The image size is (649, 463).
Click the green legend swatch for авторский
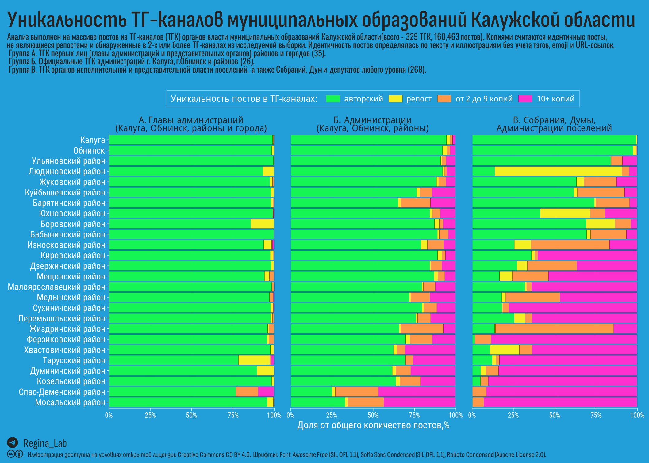tap(333, 99)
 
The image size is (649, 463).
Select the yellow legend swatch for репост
tap(395, 99)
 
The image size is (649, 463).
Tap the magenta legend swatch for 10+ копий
tap(525, 99)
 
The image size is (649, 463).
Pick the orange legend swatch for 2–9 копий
tap(444, 99)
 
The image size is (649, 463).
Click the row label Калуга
tap(92, 140)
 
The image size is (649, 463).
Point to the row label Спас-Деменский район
tap(62, 392)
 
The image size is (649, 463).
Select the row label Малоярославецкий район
tap(56, 287)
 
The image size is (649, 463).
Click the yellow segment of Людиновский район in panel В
tap(558, 171)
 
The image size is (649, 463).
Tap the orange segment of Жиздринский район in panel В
tap(554, 329)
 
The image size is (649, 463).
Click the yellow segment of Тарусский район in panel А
tap(254, 360)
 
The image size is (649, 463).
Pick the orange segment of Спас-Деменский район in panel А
tap(247, 392)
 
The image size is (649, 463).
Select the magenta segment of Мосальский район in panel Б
tap(420, 402)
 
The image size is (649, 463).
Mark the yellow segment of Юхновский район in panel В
tap(565, 213)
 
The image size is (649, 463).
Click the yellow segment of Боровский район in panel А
tap(262, 224)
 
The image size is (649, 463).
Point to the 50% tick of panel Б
tap(373, 409)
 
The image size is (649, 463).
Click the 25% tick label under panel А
tap(150, 416)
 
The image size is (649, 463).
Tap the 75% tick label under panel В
tap(596, 416)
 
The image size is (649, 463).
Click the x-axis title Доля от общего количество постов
tap(373, 425)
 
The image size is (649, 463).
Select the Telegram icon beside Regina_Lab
tap(13, 443)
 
